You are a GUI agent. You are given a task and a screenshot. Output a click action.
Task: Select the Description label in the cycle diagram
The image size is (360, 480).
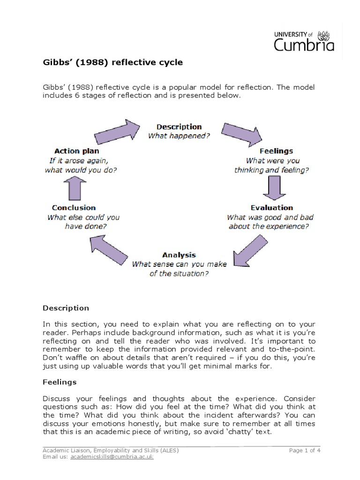pos(179,127)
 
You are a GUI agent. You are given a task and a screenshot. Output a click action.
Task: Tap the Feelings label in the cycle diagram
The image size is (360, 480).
pos(276,151)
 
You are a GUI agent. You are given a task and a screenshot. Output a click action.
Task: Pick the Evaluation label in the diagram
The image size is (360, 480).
pos(271,208)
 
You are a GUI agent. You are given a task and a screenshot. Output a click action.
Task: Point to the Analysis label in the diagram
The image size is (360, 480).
pos(179,255)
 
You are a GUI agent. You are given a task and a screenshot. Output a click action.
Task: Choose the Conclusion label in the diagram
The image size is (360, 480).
pos(74,208)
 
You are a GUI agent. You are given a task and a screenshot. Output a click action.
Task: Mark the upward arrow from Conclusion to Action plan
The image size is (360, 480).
pos(78,187)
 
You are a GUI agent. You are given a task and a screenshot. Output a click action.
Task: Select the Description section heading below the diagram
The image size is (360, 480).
pos(66,308)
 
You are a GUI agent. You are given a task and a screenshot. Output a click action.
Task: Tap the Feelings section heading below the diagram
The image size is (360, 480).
pos(60,382)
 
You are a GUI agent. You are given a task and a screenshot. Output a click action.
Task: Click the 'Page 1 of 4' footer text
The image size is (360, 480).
pos(305,450)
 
